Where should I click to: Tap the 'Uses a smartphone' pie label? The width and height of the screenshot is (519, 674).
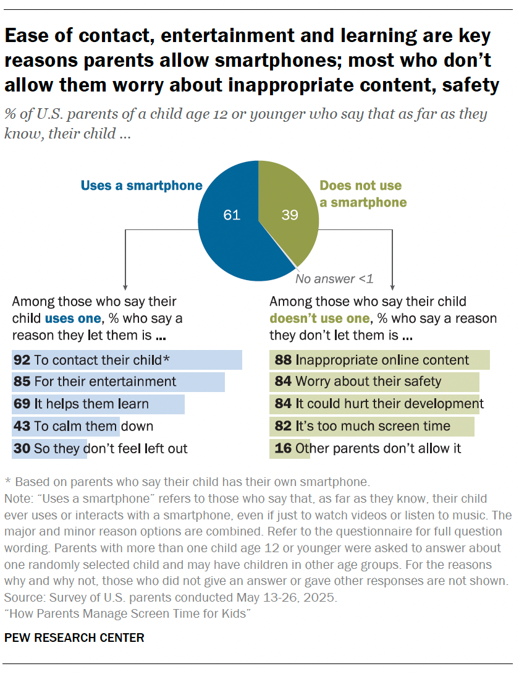pos(141,186)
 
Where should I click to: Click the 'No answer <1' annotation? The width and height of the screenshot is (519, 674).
pos(334,279)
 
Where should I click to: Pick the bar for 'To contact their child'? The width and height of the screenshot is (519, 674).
pos(127,360)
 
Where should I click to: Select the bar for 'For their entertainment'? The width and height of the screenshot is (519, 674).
pos(118,382)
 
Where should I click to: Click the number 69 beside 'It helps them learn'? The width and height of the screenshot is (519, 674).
pos(22,404)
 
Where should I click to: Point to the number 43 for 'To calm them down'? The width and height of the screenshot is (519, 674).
pos(22,427)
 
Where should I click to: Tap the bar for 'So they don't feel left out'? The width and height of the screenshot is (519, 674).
pos(49,449)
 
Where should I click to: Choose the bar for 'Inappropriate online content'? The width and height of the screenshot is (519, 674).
pos(379,360)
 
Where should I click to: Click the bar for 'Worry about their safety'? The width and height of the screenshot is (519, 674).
pos(374,382)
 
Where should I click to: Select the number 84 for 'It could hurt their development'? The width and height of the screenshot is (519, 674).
pos(282,404)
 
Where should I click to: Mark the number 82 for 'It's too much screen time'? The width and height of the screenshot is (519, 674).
pos(282,427)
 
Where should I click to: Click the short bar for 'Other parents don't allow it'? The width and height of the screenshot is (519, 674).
pos(289,449)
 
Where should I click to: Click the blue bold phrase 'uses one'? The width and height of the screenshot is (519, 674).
pos(72,318)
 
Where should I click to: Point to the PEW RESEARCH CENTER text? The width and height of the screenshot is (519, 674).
pos(75,638)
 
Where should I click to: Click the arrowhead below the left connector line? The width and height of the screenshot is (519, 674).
pos(126,286)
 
